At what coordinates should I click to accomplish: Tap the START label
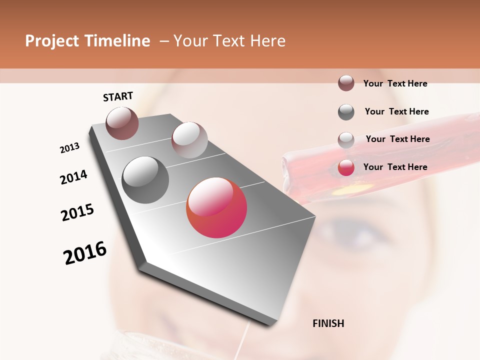[x=118, y=96]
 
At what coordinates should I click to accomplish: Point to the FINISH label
[x=328, y=323]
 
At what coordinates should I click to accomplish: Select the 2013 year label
[x=70, y=147]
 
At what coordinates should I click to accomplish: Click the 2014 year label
[x=73, y=177]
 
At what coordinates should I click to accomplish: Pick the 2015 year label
[x=77, y=212]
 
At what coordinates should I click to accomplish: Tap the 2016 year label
[x=85, y=253]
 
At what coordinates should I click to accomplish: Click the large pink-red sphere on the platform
[x=216, y=207]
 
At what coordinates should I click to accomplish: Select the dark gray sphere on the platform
[x=145, y=179]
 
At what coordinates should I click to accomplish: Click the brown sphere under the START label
[x=122, y=123]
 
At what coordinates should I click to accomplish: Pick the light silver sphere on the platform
[x=189, y=139]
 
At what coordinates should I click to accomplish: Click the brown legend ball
[x=346, y=83]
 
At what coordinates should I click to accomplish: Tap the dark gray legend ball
[x=346, y=111]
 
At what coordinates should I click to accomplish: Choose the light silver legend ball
[x=346, y=139]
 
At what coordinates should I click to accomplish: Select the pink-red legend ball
[x=346, y=167]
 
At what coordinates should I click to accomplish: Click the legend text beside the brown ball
[x=395, y=83]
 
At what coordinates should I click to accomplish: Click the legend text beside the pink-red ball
[x=395, y=167]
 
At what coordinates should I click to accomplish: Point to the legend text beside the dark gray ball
[x=396, y=111]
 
